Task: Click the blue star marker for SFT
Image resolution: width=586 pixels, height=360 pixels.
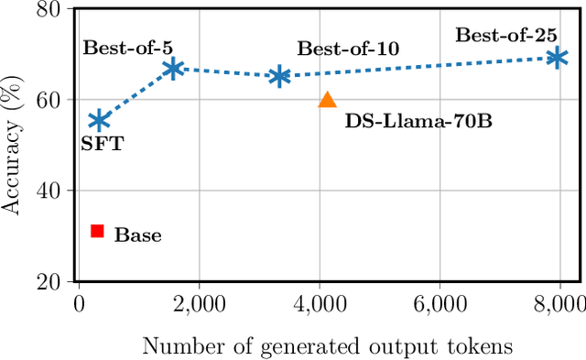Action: pyautogui.click(x=99, y=121)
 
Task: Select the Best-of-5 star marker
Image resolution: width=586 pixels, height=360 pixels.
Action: pyautogui.click(x=172, y=69)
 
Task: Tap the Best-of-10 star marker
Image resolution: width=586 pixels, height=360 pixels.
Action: pyautogui.click(x=279, y=77)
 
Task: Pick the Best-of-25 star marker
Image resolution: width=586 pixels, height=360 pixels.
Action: pyautogui.click(x=556, y=58)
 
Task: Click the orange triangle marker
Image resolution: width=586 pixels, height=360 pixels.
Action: pyautogui.click(x=328, y=101)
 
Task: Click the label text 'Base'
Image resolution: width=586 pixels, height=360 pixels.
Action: pyautogui.click(x=137, y=235)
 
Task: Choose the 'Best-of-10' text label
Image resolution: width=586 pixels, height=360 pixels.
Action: pyautogui.click(x=347, y=49)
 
